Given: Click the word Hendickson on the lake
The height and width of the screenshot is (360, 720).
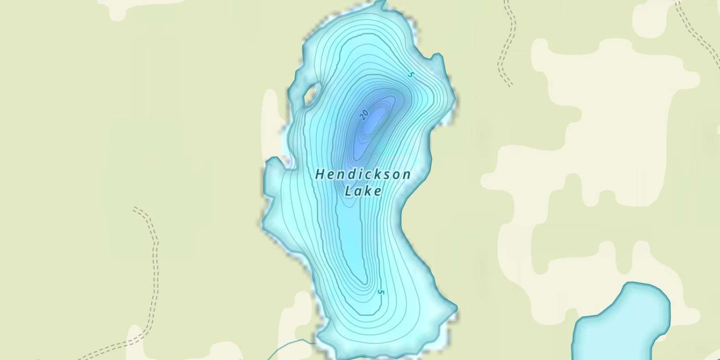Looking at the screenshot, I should tap(363, 175).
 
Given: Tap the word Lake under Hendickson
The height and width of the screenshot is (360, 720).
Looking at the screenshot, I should tap(363, 191).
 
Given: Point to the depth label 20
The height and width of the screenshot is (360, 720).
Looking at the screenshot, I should tap(364, 114).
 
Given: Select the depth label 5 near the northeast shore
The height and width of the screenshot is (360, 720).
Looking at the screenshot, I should tap(410, 74).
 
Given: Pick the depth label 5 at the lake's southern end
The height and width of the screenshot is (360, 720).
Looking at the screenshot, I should tap(381, 292).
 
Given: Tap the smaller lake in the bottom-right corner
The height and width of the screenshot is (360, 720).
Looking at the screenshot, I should tap(622, 322).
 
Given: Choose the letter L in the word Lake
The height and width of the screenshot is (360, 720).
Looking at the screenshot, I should tap(349, 191).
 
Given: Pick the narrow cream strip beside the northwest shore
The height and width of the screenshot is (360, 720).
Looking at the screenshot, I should tap(270, 120).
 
